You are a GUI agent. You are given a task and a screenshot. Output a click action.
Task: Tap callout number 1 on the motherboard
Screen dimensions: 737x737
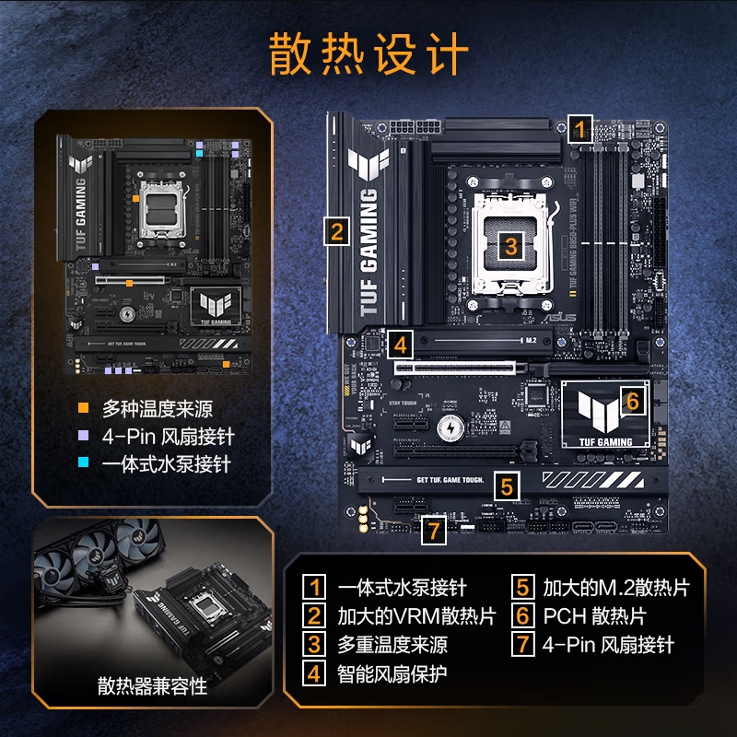579,128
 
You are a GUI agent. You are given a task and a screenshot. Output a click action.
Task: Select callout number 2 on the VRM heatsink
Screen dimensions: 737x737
337,232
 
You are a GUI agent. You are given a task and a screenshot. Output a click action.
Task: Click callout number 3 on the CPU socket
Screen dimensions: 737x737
512,245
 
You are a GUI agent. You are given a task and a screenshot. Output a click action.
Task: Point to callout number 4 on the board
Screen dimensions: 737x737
399,345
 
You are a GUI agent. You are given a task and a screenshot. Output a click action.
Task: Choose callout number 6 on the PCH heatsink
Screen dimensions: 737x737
632,402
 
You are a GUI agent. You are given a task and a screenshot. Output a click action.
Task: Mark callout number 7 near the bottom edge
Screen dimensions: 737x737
435,530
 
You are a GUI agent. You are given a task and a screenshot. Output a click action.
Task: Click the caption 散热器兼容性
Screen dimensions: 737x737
152,686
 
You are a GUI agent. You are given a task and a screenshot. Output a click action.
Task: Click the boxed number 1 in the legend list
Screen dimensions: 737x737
315,587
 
